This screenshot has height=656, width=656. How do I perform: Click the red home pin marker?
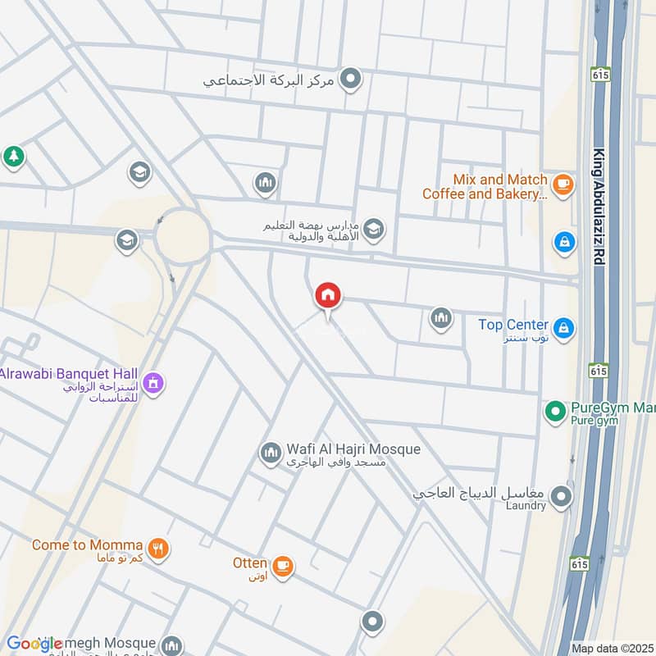(328, 296)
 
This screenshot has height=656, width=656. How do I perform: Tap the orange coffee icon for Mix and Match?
(563, 185)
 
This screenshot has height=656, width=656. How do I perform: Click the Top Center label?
(513, 325)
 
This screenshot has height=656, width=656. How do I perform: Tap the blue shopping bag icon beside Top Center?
(563, 329)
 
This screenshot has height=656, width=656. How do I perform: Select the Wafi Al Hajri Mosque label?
(353, 449)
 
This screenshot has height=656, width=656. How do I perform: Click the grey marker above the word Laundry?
(561, 496)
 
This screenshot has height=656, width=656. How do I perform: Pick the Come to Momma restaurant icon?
(159, 549)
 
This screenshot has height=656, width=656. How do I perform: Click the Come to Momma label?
(87, 545)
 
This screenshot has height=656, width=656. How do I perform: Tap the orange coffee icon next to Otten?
(283, 567)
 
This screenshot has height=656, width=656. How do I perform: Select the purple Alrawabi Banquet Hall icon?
(153, 383)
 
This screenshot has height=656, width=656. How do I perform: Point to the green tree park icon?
(13, 157)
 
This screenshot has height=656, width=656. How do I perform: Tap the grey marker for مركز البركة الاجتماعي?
(352, 80)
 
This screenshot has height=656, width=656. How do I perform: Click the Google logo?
(34, 645)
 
